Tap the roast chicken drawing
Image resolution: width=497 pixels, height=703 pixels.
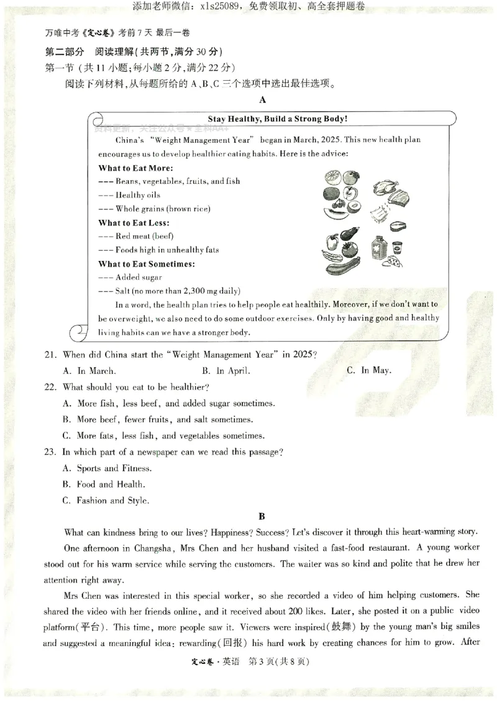click(386, 188)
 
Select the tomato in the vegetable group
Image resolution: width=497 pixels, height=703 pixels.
click(350, 250)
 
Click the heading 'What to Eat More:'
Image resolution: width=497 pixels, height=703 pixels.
click(135, 168)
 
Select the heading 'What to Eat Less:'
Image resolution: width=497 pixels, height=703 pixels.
click(134, 222)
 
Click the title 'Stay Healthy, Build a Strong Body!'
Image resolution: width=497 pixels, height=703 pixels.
click(278, 119)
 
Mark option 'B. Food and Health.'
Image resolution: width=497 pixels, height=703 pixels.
click(104, 484)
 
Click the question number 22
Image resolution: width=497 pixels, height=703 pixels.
click(50, 387)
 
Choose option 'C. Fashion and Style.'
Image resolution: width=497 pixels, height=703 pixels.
click(106, 501)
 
